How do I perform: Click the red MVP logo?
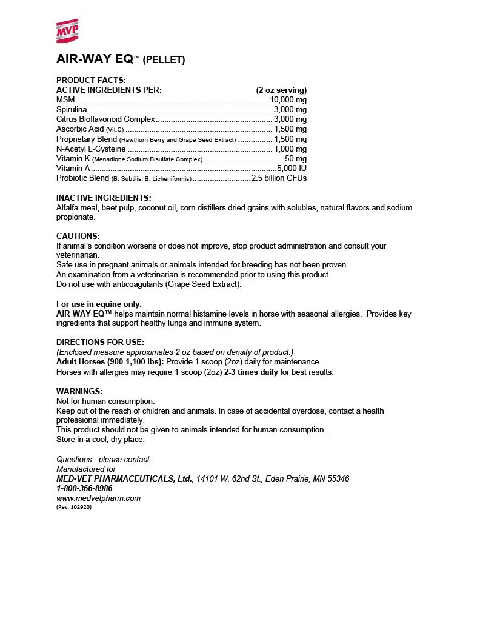[x=71, y=31]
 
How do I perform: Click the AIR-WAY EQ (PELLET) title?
[x=121, y=59]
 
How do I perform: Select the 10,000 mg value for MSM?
[x=288, y=100]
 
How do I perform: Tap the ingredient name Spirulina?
[x=72, y=110]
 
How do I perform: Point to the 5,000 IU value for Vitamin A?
[x=292, y=168]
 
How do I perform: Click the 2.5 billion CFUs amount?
[x=279, y=178]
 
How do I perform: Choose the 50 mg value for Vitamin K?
[x=296, y=158]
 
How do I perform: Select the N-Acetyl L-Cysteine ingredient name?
[x=91, y=149]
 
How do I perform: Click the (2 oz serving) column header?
[x=281, y=90]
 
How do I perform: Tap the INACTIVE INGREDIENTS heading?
[x=104, y=198]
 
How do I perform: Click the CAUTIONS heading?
[x=78, y=236]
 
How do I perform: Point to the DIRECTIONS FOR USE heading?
[x=100, y=342]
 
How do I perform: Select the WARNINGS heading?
[x=79, y=391]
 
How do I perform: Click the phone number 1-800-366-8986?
[x=84, y=488]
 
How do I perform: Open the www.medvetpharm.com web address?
[x=98, y=498]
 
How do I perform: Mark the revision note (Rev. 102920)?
[x=74, y=507]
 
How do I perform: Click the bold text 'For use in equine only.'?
[x=99, y=304]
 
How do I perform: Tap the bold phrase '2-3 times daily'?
[x=251, y=372]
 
